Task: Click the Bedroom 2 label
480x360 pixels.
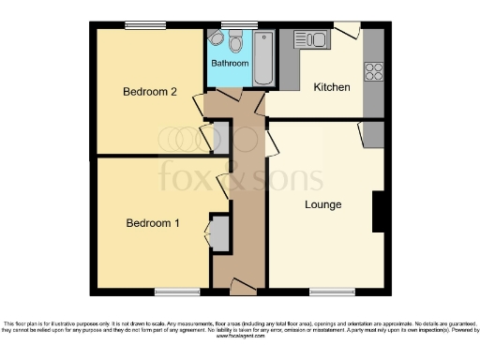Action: [x=149, y=91]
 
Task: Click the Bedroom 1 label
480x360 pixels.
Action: [x=153, y=222]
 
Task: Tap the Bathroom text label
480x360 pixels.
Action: [x=229, y=64]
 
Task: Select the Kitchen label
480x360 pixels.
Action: [x=331, y=87]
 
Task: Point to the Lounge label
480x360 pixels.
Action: [x=322, y=203]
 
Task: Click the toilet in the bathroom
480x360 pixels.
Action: [x=235, y=40]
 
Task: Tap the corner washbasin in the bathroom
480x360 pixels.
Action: [x=215, y=39]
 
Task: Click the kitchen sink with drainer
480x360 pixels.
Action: [x=310, y=39]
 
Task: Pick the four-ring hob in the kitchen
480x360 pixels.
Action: [x=372, y=70]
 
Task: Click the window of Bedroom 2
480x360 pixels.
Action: [x=141, y=24]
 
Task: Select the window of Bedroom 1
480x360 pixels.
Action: [x=176, y=291]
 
